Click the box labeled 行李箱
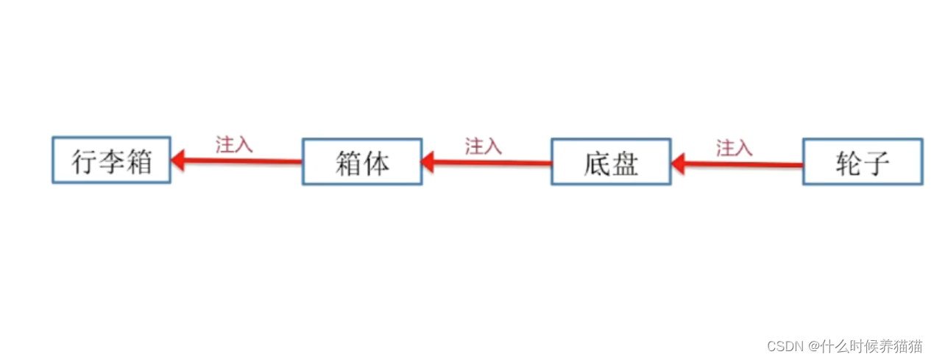point(111,160)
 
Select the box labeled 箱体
point(361,161)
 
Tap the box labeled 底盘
point(611,161)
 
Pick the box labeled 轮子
point(862,161)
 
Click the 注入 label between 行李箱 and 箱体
point(234,144)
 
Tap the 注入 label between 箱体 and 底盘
point(483,146)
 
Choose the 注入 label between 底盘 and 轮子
point(734,148)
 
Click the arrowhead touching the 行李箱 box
point(177,159)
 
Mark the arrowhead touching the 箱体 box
point(428,161)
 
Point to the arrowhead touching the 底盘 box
point(679,162)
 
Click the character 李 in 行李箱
point(112,161)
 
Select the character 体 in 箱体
point(375,163)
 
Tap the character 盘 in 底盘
point(625,163)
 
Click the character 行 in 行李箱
point(85,161)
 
